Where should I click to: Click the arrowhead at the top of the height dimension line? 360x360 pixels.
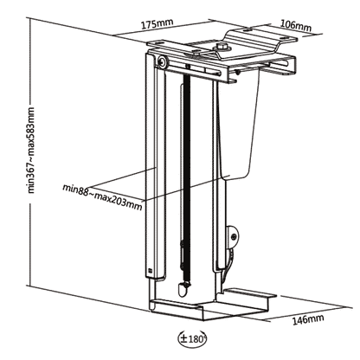pyautogui.click(x=29, y=21)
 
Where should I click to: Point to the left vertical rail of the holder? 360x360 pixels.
pyautogui.click(x=157, y=173)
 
